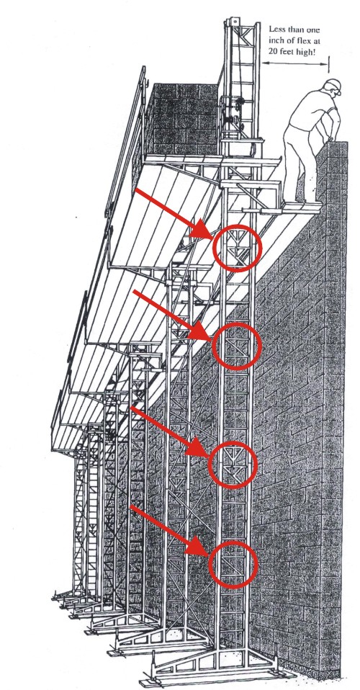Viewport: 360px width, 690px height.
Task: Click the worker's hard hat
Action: tap(333, 86)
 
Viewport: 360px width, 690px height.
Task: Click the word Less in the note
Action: tap(278, 30)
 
